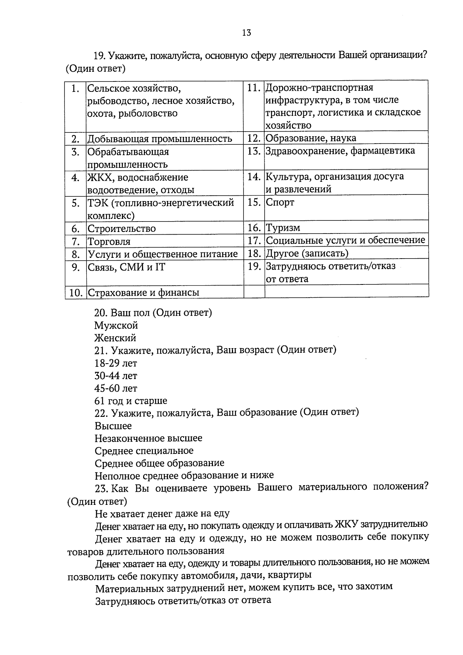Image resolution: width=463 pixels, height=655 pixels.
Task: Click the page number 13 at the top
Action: click(x=247, y=33)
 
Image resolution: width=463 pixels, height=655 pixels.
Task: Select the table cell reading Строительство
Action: click(x=122, y=228)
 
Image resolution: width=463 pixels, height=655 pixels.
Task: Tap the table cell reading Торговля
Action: click(x=109, y=242)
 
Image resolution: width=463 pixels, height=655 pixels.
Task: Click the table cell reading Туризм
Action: click(x=283, y=228)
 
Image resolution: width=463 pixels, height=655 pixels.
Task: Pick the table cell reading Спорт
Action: click(x=280, y=202)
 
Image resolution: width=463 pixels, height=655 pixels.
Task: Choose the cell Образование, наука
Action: click(x=311, y=138)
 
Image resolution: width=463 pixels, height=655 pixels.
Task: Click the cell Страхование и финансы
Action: click(x=144, y=292)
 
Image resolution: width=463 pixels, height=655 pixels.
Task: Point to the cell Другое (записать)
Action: click(x=307, y=253)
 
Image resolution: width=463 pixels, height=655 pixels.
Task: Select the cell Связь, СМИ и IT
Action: click(x=127, y=267)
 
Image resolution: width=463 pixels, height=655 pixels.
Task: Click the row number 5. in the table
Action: click(x=76, y=203)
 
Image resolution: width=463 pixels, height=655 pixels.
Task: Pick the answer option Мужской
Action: click(x=116, y=325)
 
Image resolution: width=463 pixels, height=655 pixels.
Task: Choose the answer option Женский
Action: click(x=115, y=338)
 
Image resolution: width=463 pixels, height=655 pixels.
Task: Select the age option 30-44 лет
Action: click(x=116, y=376)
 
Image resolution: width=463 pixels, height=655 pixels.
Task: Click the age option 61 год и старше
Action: click(x=131, y=401)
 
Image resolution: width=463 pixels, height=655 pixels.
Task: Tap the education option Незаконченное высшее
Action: click(x=149, y=438)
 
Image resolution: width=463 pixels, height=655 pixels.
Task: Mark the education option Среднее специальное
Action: click(x=144, y=451)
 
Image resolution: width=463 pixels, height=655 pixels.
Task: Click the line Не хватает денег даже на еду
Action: click(x=162, y=513)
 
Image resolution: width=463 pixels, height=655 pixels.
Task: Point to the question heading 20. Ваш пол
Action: click(x=153, y=312)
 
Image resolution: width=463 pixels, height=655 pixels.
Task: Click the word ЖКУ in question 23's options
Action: click(x=347, y=524)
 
